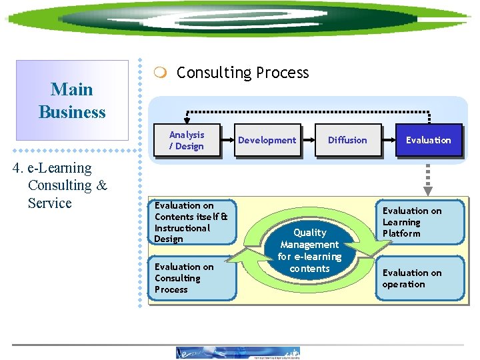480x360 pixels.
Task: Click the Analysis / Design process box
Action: tap(187, 140)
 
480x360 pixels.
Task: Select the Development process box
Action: tap(267, 140)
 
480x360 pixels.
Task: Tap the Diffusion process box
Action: tap(347, 140)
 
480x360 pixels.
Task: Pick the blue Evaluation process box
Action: tap(428, 140)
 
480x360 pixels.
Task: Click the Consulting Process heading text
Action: tap(243, 73)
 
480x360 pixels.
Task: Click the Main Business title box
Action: tap(72, 100)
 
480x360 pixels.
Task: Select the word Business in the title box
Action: tap(72, 112)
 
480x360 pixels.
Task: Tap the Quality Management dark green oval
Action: tap(309, 251)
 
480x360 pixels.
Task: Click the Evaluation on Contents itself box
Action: tap(191, 222)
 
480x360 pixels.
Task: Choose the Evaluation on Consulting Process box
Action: tap(191, 278)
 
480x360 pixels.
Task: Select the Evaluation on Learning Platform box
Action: tap(419, 222)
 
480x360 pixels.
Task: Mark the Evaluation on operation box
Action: tap(419, 278)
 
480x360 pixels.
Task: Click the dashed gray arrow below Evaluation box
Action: tap(428, 178)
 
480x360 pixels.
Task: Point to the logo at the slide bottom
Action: tap(238, 353)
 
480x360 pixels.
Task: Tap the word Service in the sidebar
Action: tap(50, 203)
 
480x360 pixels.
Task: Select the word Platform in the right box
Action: tap(401, 233)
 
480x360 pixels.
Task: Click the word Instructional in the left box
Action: tap(182, 227)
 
